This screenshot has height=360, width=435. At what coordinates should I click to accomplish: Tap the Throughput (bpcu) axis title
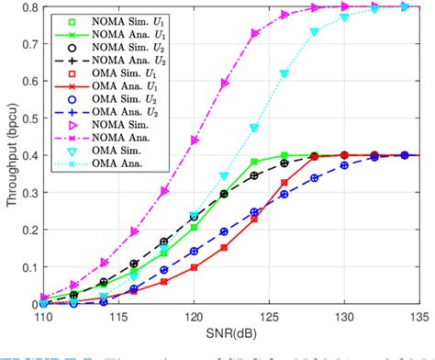[x=8, y=156]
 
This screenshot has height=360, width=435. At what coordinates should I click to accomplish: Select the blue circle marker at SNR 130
[x=344, y=165]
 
